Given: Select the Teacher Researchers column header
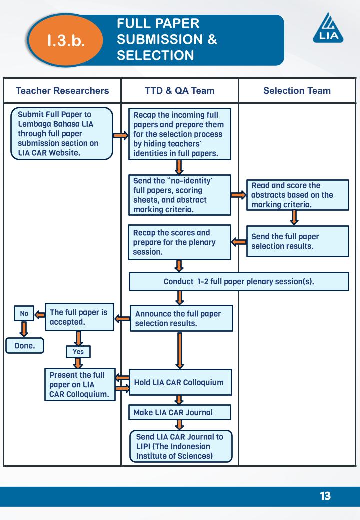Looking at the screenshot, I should [62, 90].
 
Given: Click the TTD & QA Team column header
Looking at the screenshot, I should [180, 90].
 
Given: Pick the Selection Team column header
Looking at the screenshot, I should [297, 90].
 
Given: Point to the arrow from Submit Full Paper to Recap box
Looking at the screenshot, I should [121, 135].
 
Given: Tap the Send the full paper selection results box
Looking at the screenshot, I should [297, 241].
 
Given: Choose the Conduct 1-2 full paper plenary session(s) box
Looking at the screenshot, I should [239, 281].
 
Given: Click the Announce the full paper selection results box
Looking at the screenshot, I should [181, 318].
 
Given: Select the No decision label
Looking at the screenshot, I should [24, 314].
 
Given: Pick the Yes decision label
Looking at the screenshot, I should [78, 352].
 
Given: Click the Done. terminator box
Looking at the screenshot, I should [24, 345].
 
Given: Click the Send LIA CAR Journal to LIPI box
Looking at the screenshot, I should [181, 446].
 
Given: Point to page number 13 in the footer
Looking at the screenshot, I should [325, 496].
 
